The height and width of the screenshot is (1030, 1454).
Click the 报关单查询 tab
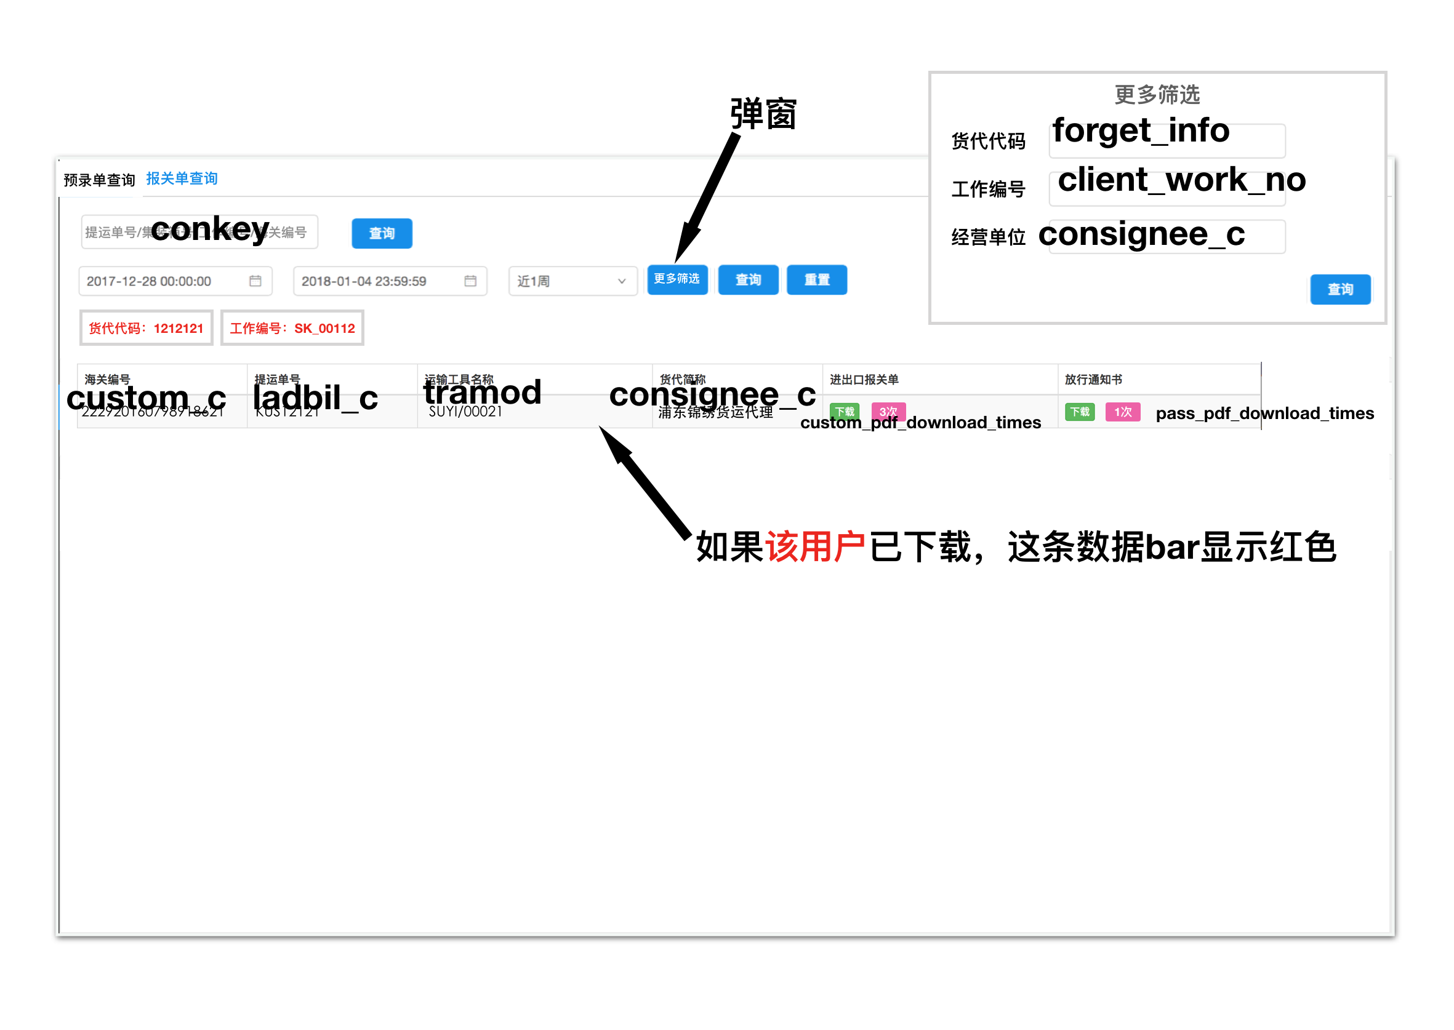[x=182, y=179]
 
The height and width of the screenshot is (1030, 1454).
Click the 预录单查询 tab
[x=99, y=180]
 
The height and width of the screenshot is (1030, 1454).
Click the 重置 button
[x=816, y=280]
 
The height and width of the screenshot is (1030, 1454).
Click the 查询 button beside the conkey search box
[x=381, y=233]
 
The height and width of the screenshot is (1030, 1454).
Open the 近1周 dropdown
[x=572, y=281]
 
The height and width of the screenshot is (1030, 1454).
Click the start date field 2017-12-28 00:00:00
[x=174, y=281]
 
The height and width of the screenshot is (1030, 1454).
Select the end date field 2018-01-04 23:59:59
[x=389, y=281]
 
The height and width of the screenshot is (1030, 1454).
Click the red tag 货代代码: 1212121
[x=146, y=328]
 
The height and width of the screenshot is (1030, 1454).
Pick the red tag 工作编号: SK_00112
[x=292, y=328]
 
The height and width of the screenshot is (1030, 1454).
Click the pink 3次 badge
[x=888, y=412]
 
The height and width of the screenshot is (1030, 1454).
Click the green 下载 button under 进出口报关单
[x=844, y=412]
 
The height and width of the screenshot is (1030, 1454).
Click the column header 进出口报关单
[x=864, y=379]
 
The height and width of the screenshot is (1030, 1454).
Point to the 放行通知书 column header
[x=1093, y=379]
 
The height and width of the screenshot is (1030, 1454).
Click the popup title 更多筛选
[x=1157, y=95]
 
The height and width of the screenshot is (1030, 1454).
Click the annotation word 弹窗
[x=763, y=115]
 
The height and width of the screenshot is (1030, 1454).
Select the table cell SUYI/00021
[x=465, y=412]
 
